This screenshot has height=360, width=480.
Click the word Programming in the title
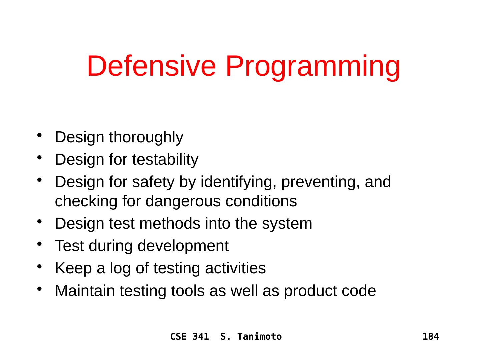point(313,68)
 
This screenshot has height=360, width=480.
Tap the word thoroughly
point(146,137)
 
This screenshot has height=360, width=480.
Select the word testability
point(165,160)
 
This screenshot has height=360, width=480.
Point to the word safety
point(153,182)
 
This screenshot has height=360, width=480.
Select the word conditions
point(261,201)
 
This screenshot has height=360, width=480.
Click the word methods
point(169,224)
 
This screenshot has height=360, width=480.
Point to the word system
point(287,224)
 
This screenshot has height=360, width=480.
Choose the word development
point(183,246)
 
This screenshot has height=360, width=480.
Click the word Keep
point(73,269)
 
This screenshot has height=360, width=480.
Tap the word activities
point(235,268)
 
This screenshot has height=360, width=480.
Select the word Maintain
point(85,291)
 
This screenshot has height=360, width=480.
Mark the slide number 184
point(431,337)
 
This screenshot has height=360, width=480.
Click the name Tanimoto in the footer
point(260,337)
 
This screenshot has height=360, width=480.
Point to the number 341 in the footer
point(201,337)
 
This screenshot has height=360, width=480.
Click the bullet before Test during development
point(39,244)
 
